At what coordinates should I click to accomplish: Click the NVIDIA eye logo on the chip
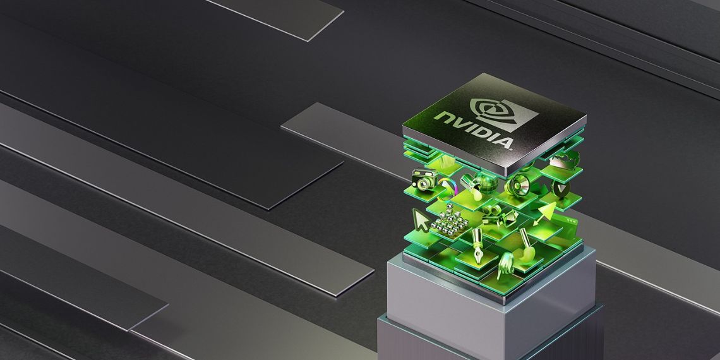point(504,114)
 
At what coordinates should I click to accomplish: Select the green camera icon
point(424,179)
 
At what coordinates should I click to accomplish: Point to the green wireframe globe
point(486,183)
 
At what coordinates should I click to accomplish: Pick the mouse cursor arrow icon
point(421,220)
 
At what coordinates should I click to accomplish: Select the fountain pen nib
point(477,246)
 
